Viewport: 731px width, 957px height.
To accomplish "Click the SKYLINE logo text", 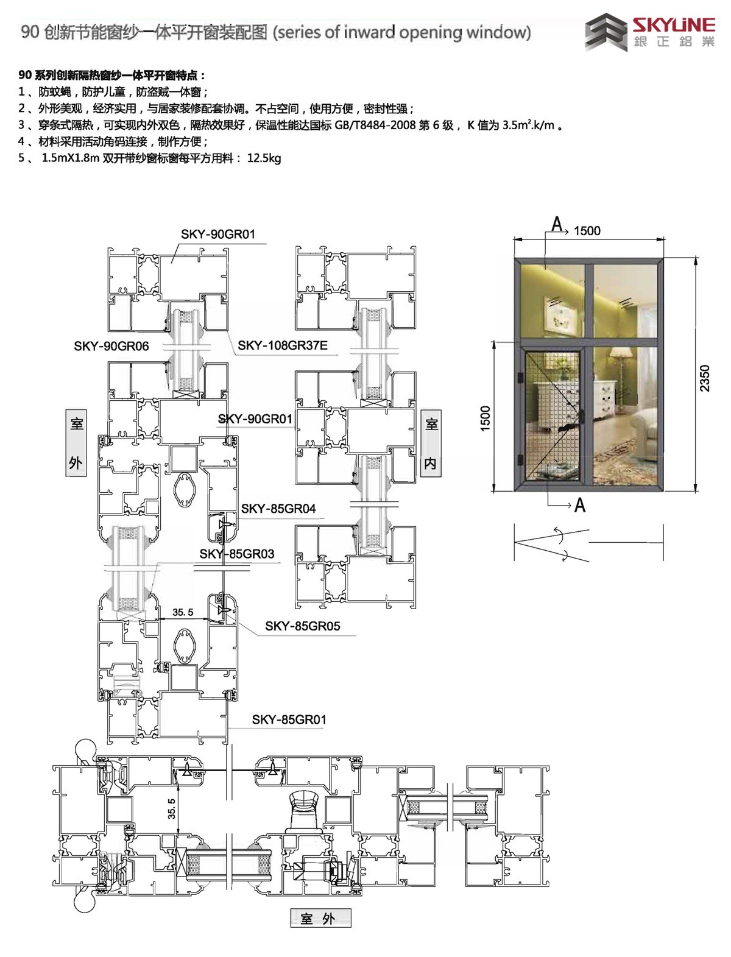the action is (x=674, y=26).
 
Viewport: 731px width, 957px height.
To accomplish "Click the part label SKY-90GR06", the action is (x=111, y=346).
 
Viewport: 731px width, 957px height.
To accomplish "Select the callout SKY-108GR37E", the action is (x=283, y=346).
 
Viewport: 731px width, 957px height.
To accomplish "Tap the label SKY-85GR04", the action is (x=278, y=509).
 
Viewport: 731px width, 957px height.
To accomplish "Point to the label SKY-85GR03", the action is (x=237, y=554).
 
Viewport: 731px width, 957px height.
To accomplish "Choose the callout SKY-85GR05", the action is (x=303, y=626).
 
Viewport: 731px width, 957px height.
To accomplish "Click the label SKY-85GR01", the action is (x=289, y=720).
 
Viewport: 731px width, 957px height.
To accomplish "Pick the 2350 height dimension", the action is (x=704, y=378).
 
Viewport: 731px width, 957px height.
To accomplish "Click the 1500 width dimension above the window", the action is (x=587, y=231).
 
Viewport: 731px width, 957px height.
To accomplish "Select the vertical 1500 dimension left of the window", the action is (x=485, y=418).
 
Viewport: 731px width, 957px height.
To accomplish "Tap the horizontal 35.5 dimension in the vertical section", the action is (x=183, y=612).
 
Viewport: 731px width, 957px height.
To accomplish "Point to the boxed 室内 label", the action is (x=431, y=443).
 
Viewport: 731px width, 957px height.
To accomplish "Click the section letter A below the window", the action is (x=580, y=506).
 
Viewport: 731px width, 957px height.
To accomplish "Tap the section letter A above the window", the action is (x=557, y=224).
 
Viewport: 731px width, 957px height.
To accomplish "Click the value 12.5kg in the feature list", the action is (x=264, y=158).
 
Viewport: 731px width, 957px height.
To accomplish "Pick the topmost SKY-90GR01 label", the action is (x=218, y=234).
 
